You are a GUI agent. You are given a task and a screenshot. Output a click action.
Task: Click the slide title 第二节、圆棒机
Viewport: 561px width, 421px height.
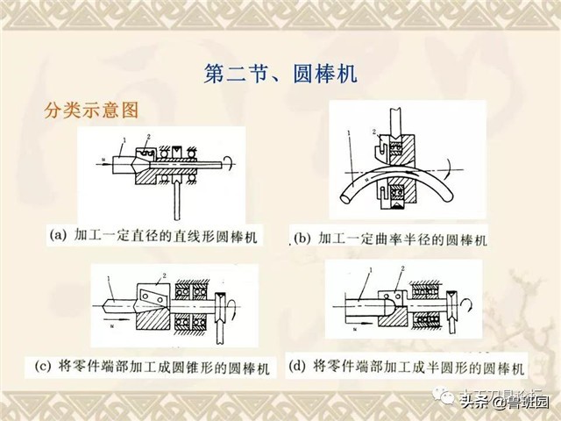[x=280, y=73]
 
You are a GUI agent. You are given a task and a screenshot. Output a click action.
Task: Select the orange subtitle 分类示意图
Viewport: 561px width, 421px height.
[x=93, y=112]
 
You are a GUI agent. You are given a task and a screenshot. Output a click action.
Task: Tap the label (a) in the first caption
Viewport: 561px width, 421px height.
[x=60, y=235]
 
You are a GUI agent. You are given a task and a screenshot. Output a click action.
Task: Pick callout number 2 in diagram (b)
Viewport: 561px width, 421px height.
[x=375, y=132]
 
